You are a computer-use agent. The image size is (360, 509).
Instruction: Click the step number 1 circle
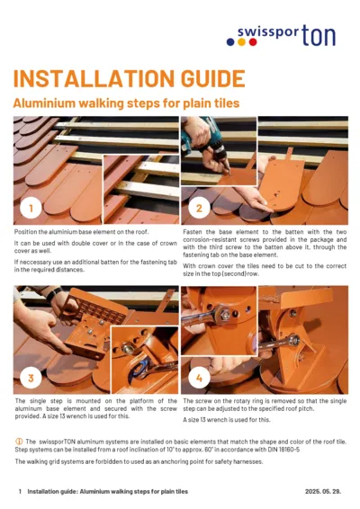point(31,209)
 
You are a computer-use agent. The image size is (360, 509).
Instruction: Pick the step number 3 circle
point(31,377)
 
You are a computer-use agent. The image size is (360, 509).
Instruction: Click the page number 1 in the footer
point(20,492)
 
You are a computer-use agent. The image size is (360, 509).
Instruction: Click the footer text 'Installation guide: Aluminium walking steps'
point(107,492)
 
